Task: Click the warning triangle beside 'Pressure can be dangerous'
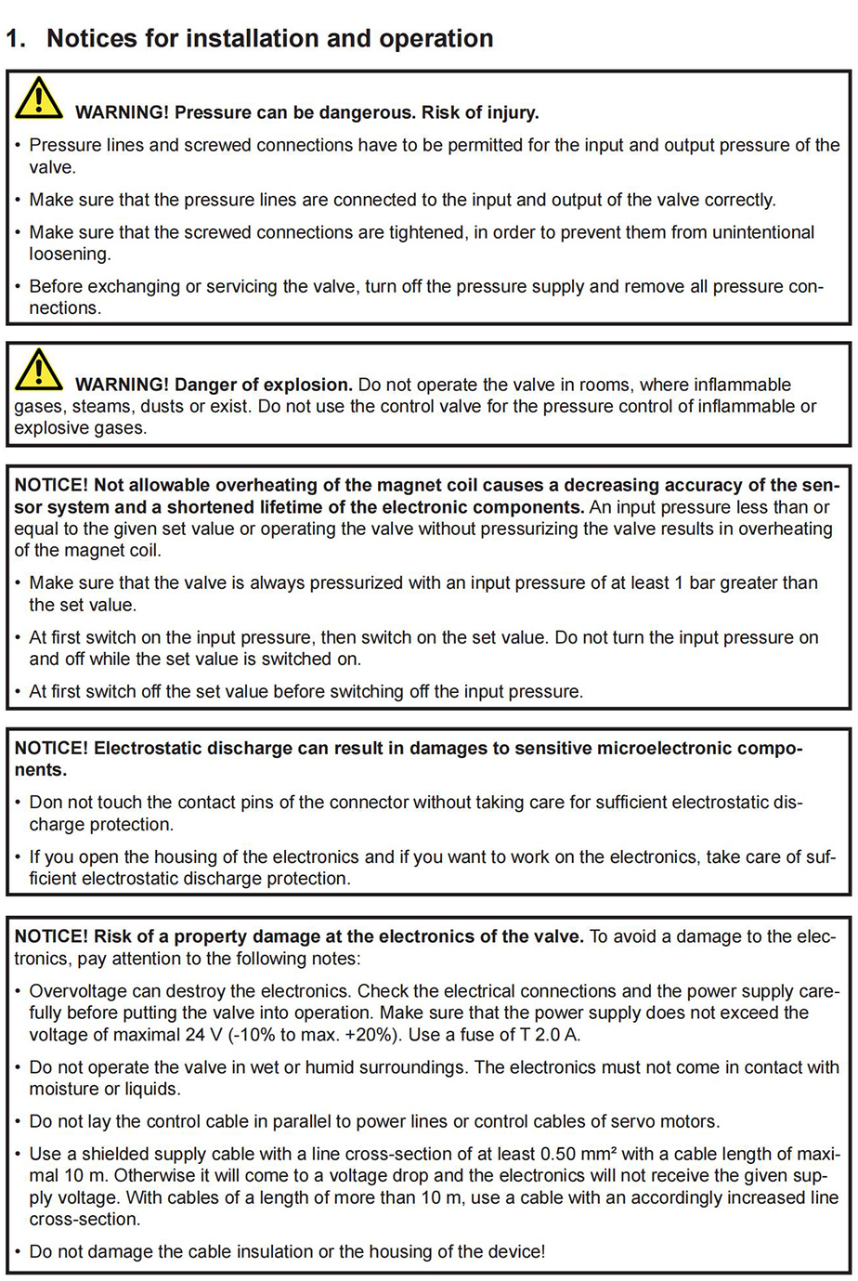[x=38, y=98]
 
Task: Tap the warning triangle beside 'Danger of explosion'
[x=38, y=370]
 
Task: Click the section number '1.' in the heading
[x=16, y=39]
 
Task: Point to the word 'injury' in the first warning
[x=510, y=113]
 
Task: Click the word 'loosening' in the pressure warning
[x=69, y=255]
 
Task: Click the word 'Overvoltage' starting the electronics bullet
[x=77, y=991]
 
